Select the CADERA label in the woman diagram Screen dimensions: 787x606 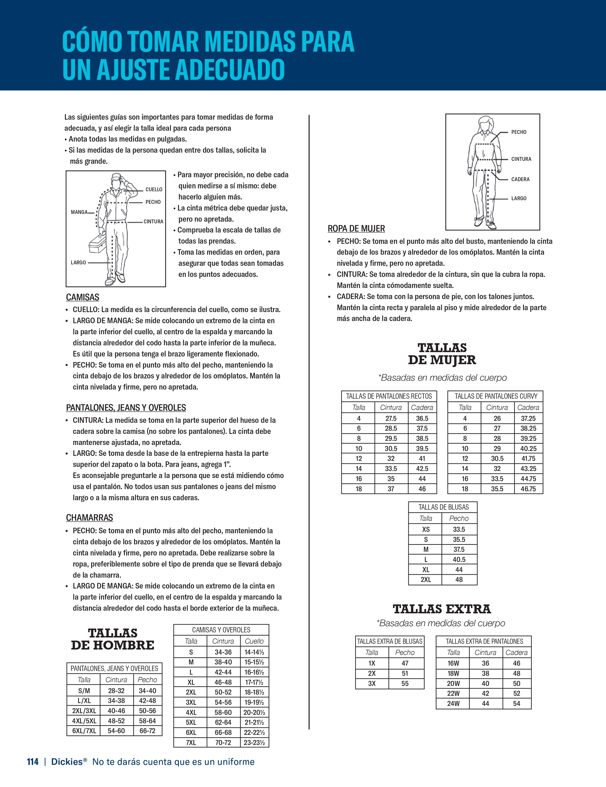(x=520, y=179)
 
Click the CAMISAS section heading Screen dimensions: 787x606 (x=82, y=297)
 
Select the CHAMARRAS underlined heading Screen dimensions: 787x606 (x=89, y=518)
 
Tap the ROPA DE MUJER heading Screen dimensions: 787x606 (x=356, y=228)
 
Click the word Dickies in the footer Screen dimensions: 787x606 (x=67, y=762)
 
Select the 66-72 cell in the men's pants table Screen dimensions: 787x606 (x=147, y=731)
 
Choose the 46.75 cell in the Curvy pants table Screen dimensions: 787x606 (x=528, y=489)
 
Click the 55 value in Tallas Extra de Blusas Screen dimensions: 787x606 (x=405, y=684)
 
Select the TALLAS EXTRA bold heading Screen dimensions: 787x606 (x=442, y=609)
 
